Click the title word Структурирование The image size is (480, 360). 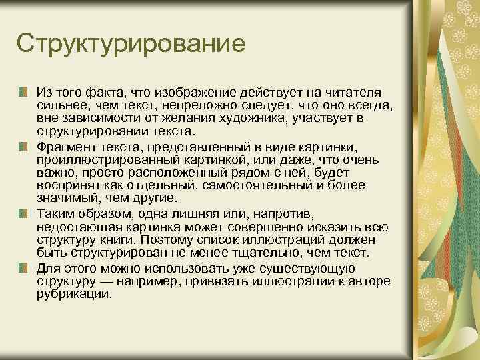[x=132, y=45]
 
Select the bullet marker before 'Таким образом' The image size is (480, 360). [x=23, y=213]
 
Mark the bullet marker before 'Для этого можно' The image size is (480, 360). [x=23, y=267]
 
